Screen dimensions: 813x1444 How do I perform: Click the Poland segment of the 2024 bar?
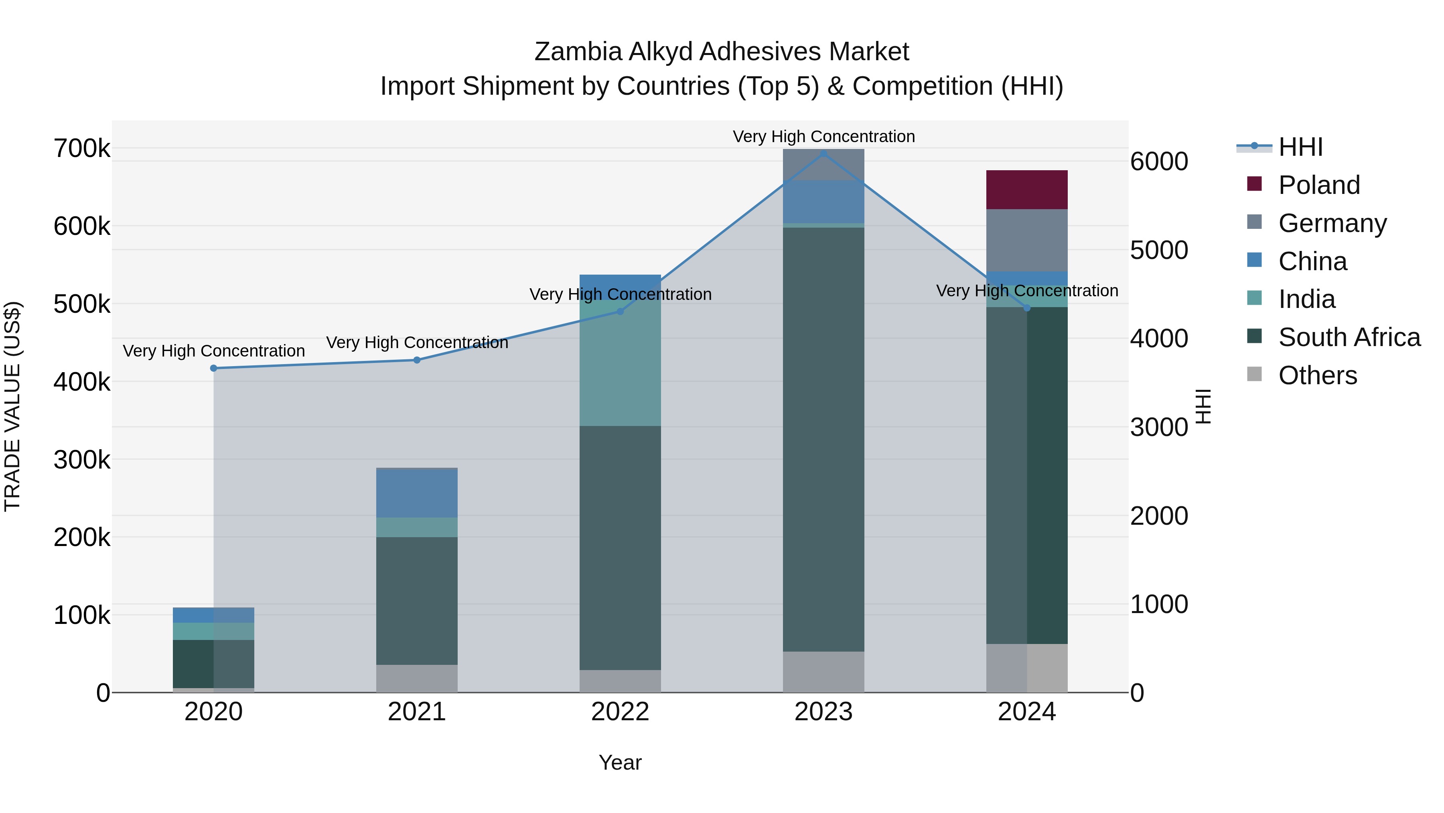click(x=1026, y=189)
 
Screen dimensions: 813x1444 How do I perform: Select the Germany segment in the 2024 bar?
click(x=1026, y=240)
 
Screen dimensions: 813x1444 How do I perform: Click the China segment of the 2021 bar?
click(x=416, y=493)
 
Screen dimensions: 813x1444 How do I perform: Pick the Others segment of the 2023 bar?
click(x=823, y=672)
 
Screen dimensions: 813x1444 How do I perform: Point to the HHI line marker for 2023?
click(x=823, y=154)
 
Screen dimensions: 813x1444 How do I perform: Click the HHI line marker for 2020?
click(x=213, y=368)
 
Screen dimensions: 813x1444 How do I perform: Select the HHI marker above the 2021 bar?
click(x=416, y=360)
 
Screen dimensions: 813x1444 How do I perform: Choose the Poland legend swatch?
click(x=1254, y=184)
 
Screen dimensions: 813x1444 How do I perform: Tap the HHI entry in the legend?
click(x=1300, y=147)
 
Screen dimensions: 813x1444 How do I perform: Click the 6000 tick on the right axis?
click(x=1158, y=161)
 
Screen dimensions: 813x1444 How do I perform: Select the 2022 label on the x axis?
click(x=620, y=712)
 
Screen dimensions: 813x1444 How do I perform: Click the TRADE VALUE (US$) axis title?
click(x=12, y=406)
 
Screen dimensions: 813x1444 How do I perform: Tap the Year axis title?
click(x=620, y=762)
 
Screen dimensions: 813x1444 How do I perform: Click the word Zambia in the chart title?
click(x=577, y=52)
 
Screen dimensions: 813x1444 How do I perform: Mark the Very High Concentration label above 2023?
click(x=823, y=137)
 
